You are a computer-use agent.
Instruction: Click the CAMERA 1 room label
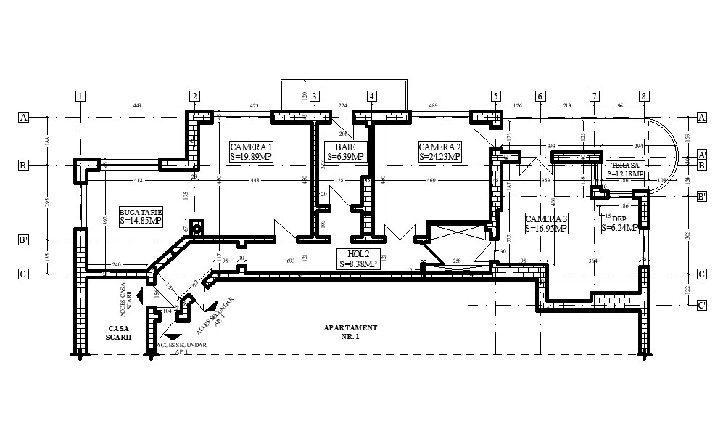pyautogui.click(x=251, y=151)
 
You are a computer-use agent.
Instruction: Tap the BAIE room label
pyautogui.click(x=345, y=151)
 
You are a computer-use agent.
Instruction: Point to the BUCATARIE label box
pyautogui.click(x=136, y=216)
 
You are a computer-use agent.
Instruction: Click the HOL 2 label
pyautogui.click(x=358, y=258)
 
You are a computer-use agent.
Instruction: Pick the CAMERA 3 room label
pyautogui.click(x=546, y=224)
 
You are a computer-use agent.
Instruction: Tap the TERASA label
pyautogui.click(x=625, y=169)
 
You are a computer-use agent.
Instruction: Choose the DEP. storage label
pyautogui.click(x=619, y=223)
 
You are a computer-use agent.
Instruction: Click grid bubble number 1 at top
pyautogui.click(x=80, y=96)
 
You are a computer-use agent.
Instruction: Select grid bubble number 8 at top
pyautogui.click(x=643, y=96)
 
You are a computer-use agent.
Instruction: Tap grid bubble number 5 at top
pyautogui.click(x=495, y=96)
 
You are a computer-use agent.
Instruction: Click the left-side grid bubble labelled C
pyautogui.click(x=23, y=274)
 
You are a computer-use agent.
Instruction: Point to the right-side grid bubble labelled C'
pyautogui.click(x=701, y=306)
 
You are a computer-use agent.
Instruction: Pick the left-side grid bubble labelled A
pyautogui.click(x=23, y=117)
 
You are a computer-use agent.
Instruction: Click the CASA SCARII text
pyautogui.click(x=117, y=333)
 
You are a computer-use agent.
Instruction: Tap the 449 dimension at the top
pyautogui.click(x=136, y=106)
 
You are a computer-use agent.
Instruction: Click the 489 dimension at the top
pyautogui.click(x=433, y=106)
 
